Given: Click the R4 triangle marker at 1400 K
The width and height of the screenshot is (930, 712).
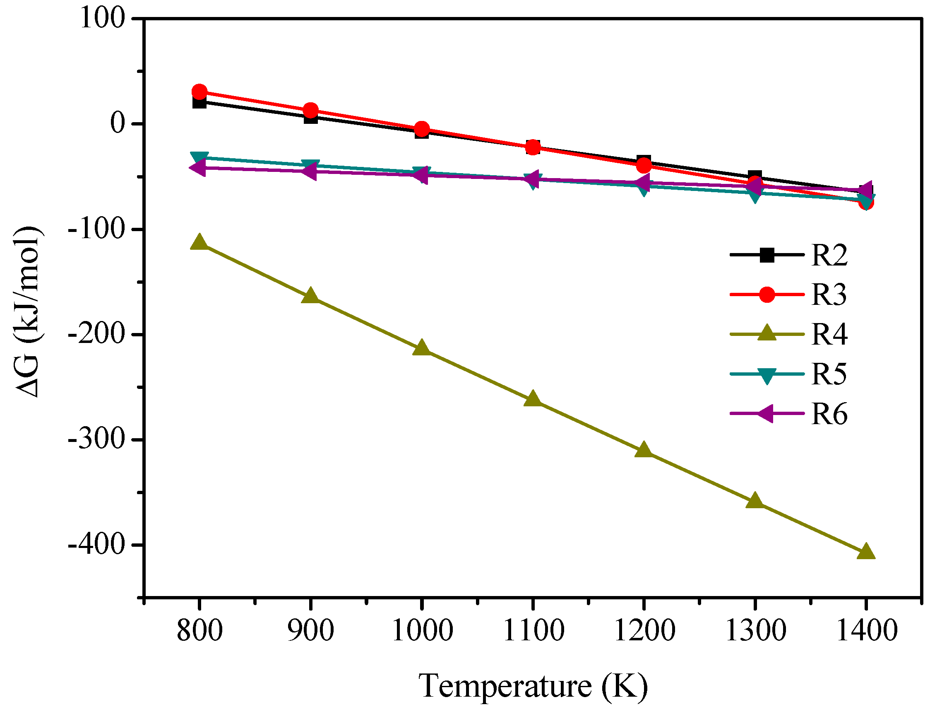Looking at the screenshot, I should [865, 552].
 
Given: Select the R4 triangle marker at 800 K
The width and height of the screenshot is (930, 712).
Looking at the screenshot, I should [199, 242].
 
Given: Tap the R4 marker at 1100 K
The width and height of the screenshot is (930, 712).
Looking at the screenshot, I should [532, 399].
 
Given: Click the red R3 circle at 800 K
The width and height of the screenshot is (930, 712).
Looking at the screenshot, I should [199, 92].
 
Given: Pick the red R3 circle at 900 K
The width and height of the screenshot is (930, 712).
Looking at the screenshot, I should [310, 110].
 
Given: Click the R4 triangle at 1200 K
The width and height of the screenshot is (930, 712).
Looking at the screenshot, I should [644, 450].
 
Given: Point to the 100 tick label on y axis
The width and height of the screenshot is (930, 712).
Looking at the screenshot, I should [103, 19].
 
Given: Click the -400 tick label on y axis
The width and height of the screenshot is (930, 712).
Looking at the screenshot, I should [97, 545].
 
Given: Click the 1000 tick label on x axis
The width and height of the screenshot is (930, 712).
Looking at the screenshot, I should [422, 630].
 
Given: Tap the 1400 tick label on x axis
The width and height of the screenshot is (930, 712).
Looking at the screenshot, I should [867, 630].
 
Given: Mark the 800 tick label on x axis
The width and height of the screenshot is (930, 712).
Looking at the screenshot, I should [199, 630].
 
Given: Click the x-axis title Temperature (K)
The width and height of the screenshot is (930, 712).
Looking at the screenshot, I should [533, 685].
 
